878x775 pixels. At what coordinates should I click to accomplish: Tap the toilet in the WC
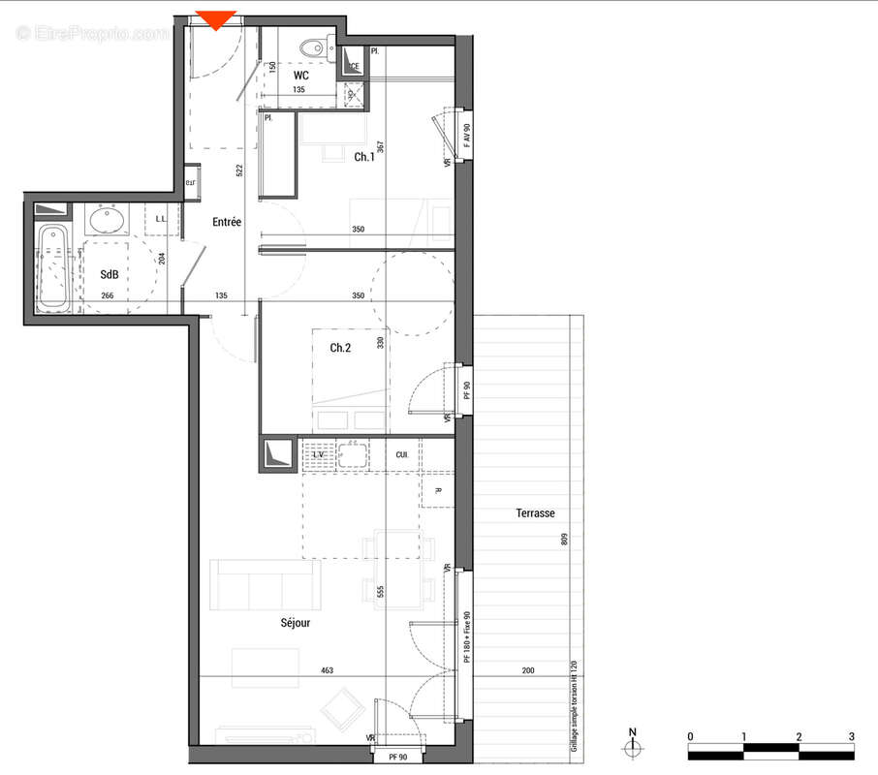tap(312, 47)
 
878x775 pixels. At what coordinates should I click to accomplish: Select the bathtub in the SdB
tap(54, 269)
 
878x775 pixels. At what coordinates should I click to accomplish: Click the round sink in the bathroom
tap(106, 222)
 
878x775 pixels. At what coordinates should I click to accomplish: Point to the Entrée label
tap(227, 222)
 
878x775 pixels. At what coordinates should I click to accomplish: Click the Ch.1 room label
tap(364, 157)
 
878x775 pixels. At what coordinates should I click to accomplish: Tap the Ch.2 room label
tap(339, 348)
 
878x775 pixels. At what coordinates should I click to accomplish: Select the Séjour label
tap(296, 623)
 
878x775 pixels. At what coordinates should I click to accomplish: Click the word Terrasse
tap(536, 513)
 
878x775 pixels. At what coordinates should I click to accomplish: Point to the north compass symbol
tap(633, 746)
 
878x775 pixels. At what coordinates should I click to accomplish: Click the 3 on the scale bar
tap(851, 737)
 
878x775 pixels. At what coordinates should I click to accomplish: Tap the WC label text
tap(301, 75)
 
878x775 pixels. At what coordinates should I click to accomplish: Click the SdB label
tap(110, 274)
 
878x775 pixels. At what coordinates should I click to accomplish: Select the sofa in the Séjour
tap(266, 584)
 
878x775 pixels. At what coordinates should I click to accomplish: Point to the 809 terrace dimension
tap(563, 540)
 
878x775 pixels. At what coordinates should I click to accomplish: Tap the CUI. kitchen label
tap(401, 454)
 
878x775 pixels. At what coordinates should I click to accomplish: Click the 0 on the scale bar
tap(690, 737)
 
